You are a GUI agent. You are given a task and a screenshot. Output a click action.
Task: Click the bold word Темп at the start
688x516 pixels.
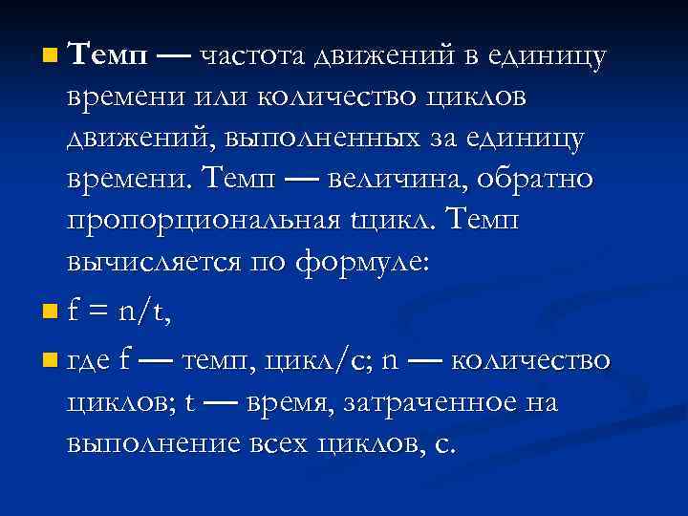(x=108, y=56)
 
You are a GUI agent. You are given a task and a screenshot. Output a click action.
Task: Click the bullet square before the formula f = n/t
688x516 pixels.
(x=50, y=311)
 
